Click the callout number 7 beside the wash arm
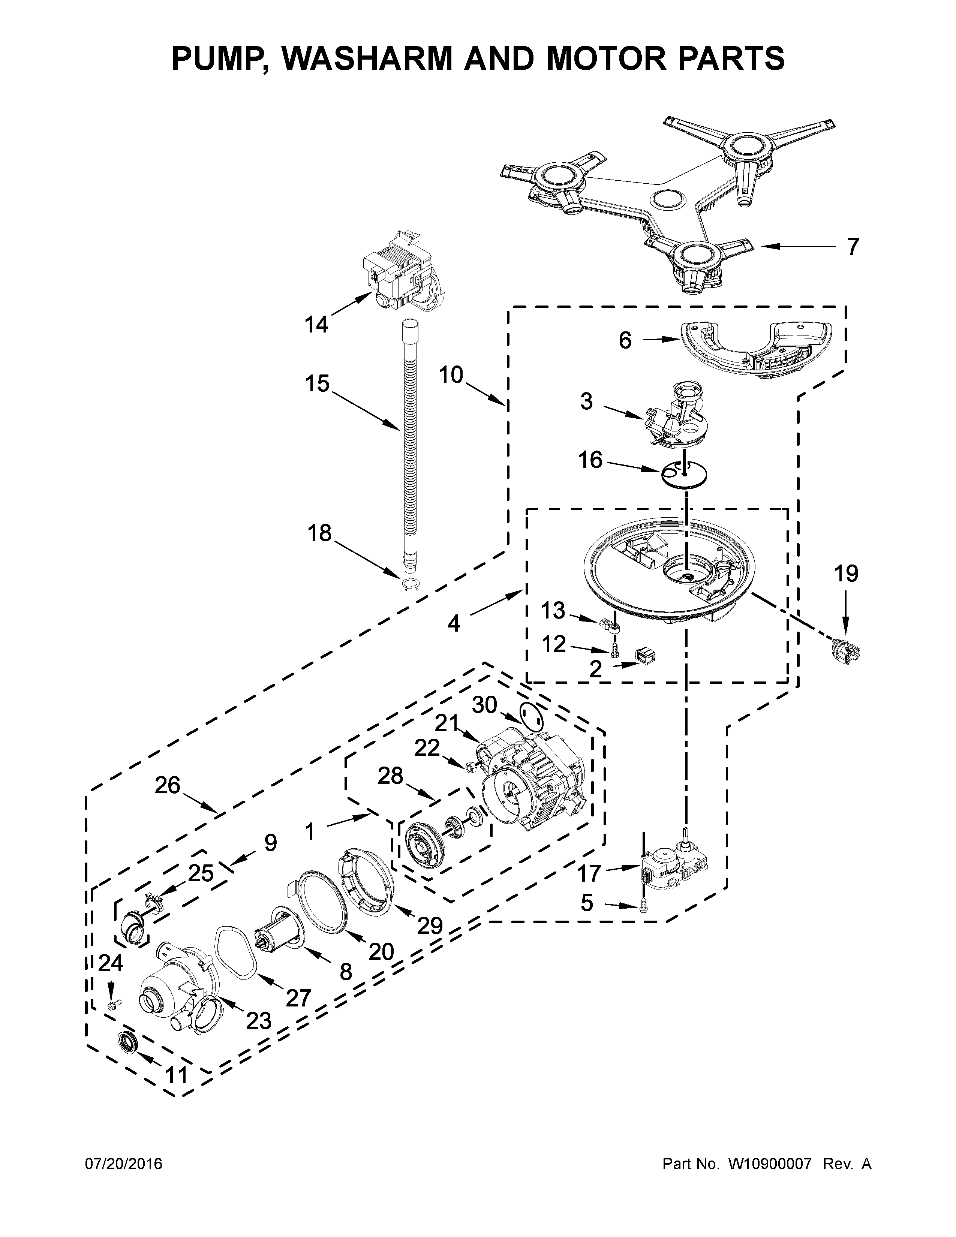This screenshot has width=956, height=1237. [x=853, y=247]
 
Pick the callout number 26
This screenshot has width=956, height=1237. [x=168, y=786]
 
